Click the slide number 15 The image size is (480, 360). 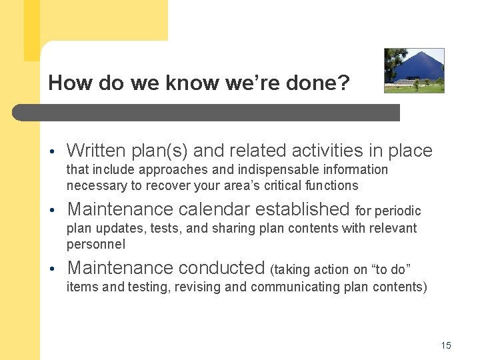(x=446, y=345)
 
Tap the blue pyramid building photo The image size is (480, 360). (x=414, y=70)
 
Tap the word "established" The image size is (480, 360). (x=306, y=209)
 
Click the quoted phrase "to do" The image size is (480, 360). (x=391, y=269)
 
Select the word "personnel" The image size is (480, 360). (x=95, y=244)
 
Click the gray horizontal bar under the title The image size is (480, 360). (x=207, y=112)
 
